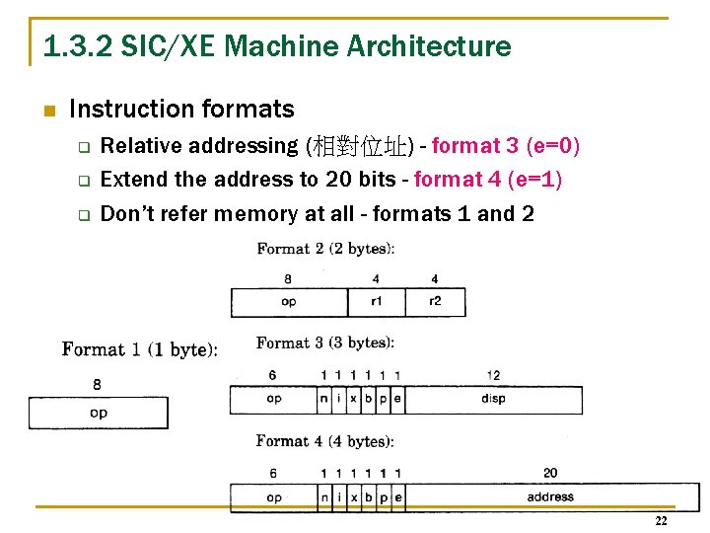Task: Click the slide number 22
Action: [x=661, y=521]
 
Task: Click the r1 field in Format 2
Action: [x=376, y=302]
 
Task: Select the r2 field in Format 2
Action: [x=435, y=302]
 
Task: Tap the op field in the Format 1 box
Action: [x=99, y=413]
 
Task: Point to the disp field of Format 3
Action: [x=493, y=399]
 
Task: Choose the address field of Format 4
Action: [x=550, y=496]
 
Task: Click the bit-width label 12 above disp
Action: [x=493, y=375]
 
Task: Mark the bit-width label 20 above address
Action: [x=550, y=474]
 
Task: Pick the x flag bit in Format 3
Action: [x=354, y=399]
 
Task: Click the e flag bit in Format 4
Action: [x=397, y=496]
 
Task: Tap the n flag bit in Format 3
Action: [x=324, y=399]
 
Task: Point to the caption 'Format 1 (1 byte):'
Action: [x=140, y=349]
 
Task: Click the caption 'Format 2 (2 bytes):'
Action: [x=325, y=250]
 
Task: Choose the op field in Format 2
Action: [x=288, y=302]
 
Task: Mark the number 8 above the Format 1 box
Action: [x=97, y=384]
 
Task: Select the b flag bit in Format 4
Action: [x=369, y=496]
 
